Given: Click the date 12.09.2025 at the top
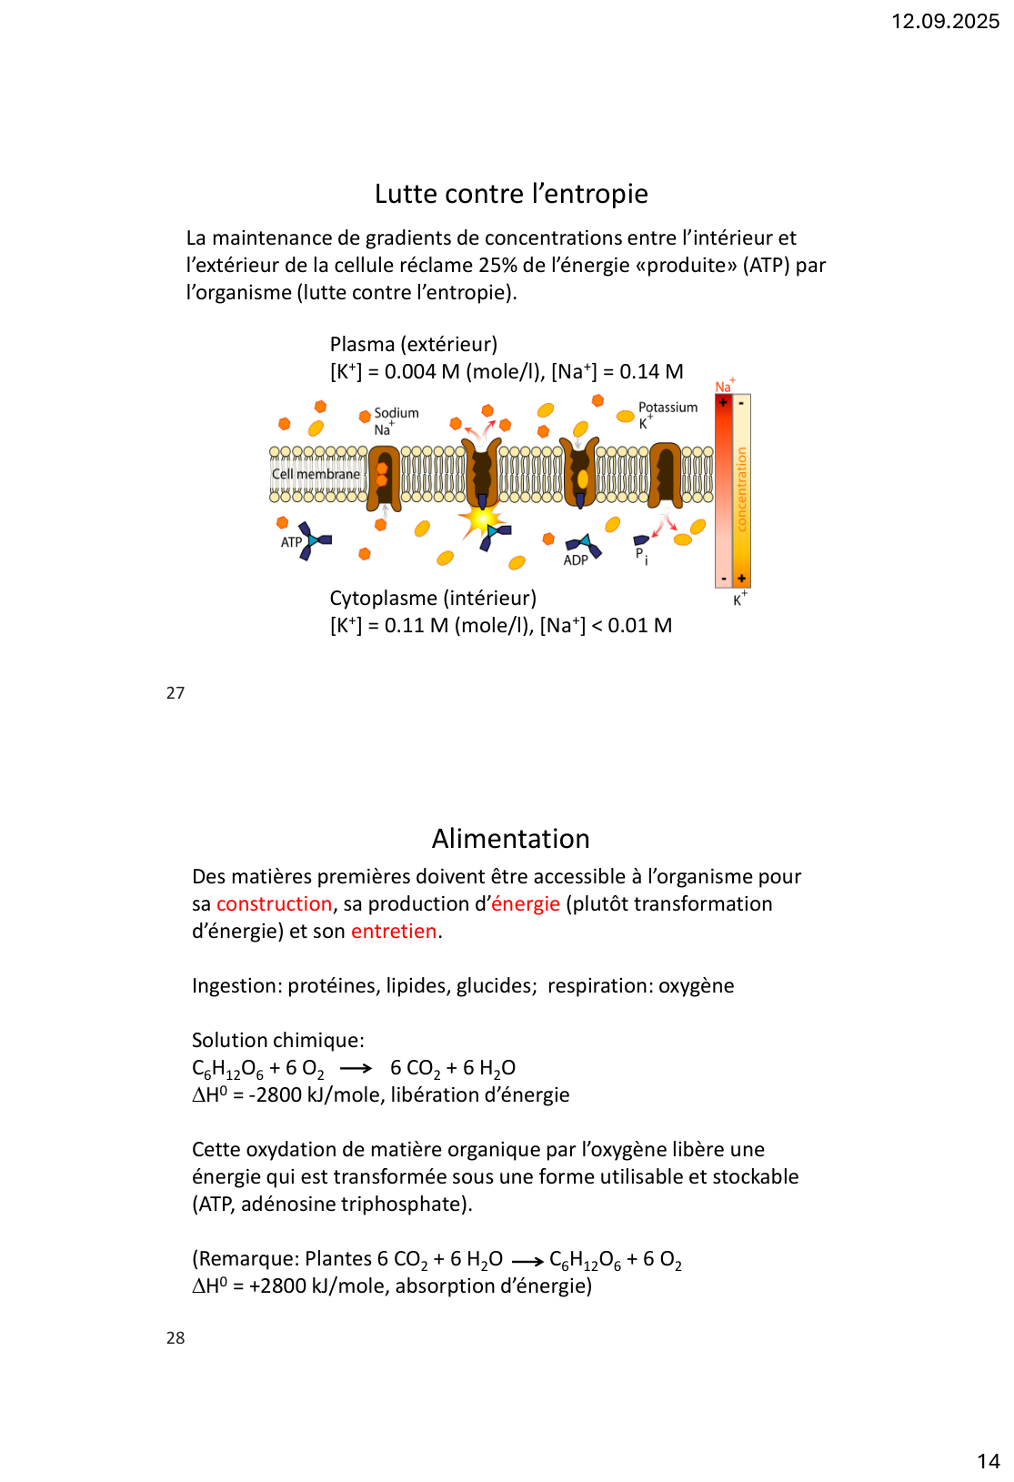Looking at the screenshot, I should (x=945, y=21).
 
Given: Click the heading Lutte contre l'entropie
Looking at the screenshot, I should (x=511, y=194).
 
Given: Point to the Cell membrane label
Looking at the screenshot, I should (x=316, y=474).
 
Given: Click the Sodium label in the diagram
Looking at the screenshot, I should (x=397, y=413).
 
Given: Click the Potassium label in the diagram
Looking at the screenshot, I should (x=668, y=408).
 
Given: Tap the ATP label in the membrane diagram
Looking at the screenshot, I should (x=291, y=542).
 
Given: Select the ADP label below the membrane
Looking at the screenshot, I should (x=576, y=560).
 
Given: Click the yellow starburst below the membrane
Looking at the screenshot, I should (x=478, y=521).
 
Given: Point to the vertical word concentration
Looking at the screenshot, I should (x=742, y=489).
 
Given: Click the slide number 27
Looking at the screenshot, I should (x=176, y=693).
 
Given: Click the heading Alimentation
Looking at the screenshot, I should (x=510, y=839).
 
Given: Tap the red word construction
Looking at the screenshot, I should (x=274, y=904).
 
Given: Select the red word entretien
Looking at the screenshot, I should (x=394, y=932).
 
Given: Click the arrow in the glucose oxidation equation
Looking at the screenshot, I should (x=356, y=1068).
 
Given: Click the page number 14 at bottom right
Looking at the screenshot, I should (x=988, y=1461).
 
